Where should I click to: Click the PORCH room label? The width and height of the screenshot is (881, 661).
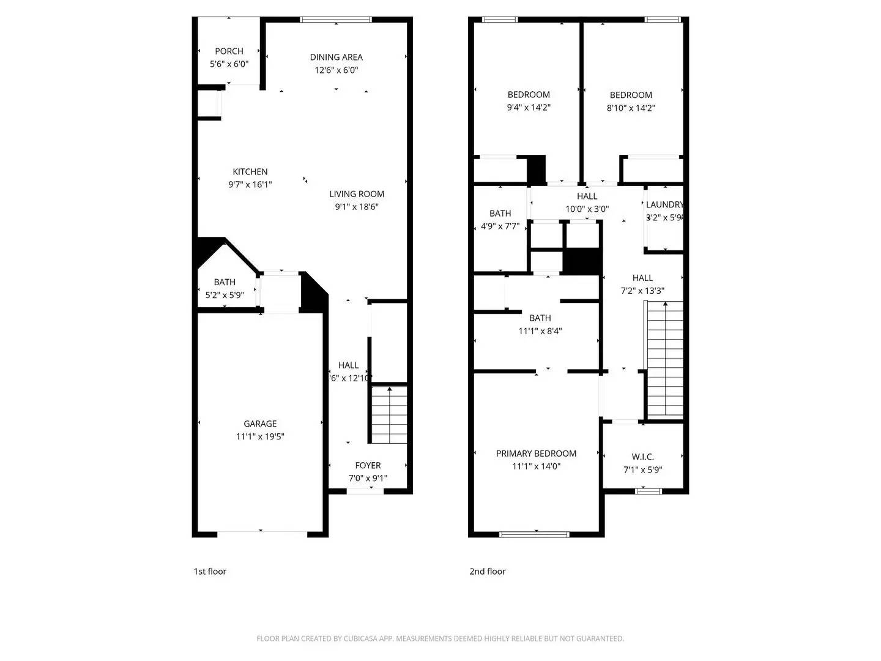click(229, 51)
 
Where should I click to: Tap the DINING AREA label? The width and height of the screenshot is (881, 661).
click(336, 57)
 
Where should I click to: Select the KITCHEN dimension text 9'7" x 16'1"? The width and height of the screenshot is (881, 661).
click(250, 184)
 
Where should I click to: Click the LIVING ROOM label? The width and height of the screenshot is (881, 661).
click(357, 194)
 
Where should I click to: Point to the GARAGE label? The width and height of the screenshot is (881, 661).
click(260, 424)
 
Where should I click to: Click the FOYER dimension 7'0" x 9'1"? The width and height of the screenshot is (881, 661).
click(368, 479)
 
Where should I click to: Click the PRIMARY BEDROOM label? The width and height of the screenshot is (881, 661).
click(536, 454)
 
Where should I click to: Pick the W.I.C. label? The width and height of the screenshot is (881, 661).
click(642, 457)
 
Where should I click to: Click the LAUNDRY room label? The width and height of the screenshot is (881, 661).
click(664, 204)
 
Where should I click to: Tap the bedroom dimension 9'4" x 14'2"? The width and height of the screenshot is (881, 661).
click(529, 108)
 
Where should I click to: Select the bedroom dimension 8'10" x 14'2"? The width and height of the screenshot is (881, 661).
click(631, 108)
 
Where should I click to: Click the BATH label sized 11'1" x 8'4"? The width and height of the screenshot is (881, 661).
click(540, 318)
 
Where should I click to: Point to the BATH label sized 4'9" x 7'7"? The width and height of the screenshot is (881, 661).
click(500, 213)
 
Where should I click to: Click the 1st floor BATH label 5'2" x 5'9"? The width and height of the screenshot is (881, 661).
click(225, 282)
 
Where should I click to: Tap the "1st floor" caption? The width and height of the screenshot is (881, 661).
click(210, 572)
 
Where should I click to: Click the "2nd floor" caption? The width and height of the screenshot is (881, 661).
click(487, 572)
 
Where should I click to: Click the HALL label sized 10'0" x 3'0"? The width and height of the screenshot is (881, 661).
click(587, 196)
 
